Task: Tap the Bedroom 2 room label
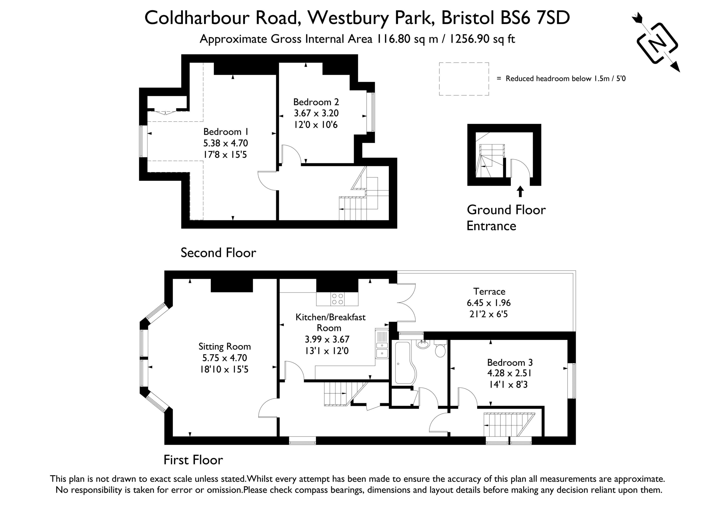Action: click(316, 102)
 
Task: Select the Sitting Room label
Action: click(225, 347)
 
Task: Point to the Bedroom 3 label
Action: click(510, 363)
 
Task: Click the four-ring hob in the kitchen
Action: click(337, 299)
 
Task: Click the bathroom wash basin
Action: click(423, 344)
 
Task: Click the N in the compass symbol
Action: click(657, 43)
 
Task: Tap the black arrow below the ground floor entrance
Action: click(520, 191)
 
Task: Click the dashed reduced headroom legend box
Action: click(464, 79)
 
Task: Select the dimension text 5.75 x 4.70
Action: click(225, 358)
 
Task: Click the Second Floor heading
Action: click(218, 253)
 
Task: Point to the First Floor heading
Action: click(193, 460)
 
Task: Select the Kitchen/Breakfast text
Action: click(331, 317)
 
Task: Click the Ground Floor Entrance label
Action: click(506, 218)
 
